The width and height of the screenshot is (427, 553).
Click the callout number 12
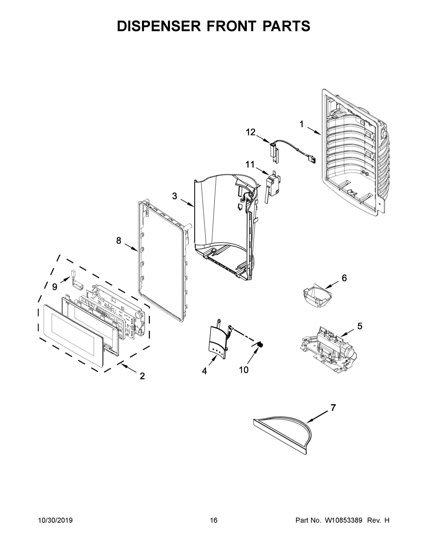(251, 132)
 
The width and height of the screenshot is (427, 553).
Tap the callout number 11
(250, 165)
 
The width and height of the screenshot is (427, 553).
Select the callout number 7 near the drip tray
(333, 408)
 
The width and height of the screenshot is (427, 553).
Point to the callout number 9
(55, 287)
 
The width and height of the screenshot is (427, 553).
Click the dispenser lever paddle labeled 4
(218, 341)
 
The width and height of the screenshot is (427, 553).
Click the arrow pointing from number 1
(314, 131)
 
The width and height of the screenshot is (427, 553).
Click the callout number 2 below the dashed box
(142, 376)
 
